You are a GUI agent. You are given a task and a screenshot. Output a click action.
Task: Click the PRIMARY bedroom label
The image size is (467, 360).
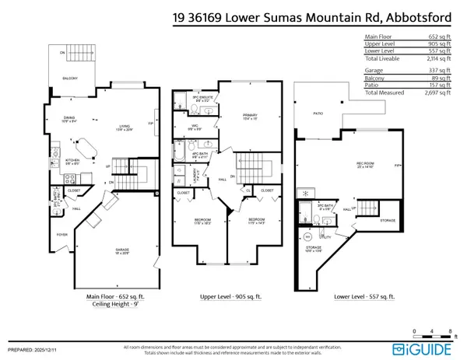tap(238, 116)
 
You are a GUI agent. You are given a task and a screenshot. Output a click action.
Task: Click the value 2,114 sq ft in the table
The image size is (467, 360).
tap(437, 57)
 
